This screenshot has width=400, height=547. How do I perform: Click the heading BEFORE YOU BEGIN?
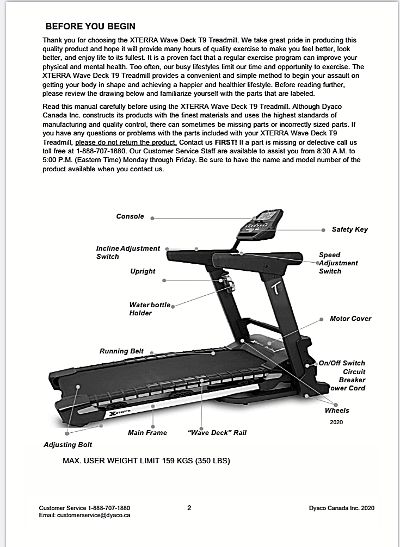click(x=90, y=26)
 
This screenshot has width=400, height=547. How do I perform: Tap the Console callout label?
click(x=130, y=216)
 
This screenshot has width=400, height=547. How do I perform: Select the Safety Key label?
click(x=349, y=229)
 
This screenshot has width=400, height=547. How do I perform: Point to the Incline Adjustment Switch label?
click(x=128, y=252)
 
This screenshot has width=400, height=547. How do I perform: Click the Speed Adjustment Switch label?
click(x=338, y=263)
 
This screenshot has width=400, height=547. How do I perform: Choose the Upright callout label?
click(x=143, y=271)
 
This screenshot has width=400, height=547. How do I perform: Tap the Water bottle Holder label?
click(x=150, y=309)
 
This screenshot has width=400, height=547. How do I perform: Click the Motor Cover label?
click(x=350, y=319)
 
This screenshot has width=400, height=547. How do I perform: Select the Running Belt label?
click(x=121, y=351)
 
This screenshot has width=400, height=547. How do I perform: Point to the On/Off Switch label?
click(x=342, y=363)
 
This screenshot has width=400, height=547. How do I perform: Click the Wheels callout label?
click(x=337, y=411)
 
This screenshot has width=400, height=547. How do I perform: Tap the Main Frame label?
click(x=147, y=433)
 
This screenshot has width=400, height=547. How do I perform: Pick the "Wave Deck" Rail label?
click(x=217, y=433)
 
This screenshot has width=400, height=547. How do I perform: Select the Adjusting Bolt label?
click(x=68, y=445)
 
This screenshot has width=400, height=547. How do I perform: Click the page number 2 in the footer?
click(x=189, y=508)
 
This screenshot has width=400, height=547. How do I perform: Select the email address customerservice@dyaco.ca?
click(x=84, y=515)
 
